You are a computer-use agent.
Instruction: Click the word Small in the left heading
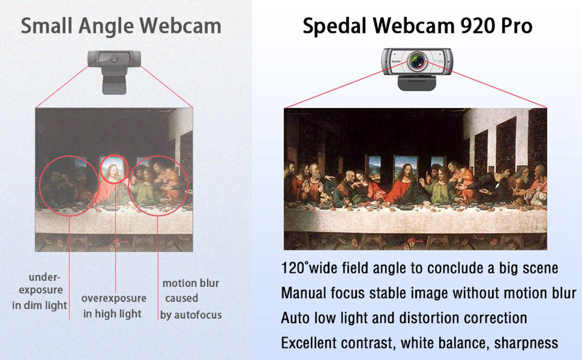click(x=47, y=26)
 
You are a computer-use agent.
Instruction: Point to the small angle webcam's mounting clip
click(x=115, y=82)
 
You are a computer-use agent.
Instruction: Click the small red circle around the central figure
click(x=113, y=168)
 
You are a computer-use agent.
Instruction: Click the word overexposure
click(x=113, y=298)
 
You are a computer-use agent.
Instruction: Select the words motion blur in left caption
click(x=190, y=283)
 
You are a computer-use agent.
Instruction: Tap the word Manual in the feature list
click(x=302, y=293)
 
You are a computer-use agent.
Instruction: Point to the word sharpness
click(x=526, y=343)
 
